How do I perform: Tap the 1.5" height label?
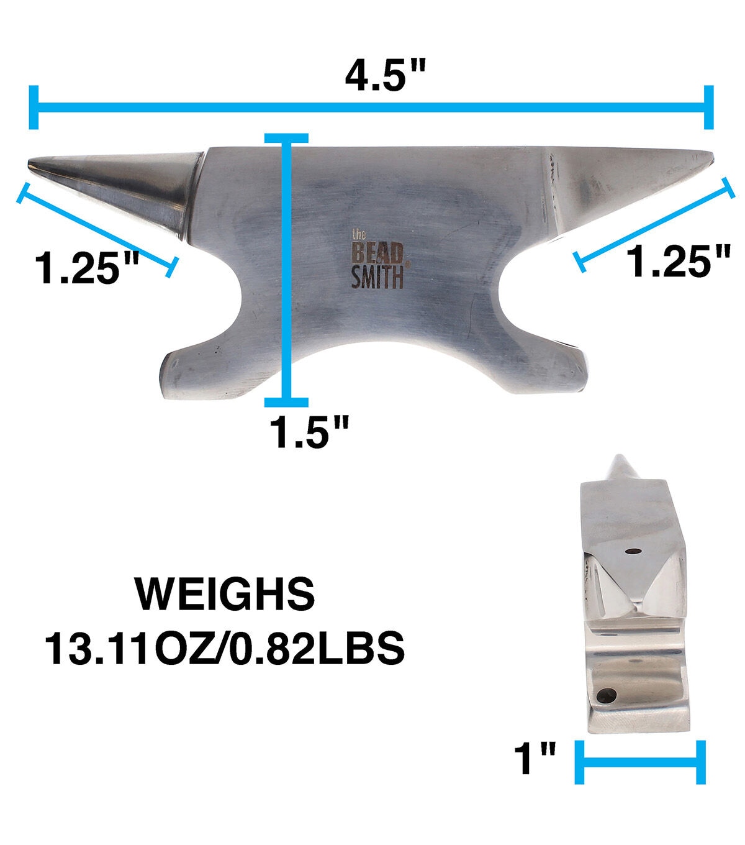[x=309, y=432]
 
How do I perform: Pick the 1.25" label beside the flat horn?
[x=679, y=261]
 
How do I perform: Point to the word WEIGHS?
[x=225, y=594]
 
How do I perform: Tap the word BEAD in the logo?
[x=377, y=253]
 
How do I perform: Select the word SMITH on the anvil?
[x=377, y=276]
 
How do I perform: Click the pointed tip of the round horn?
[x=29, y=163]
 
